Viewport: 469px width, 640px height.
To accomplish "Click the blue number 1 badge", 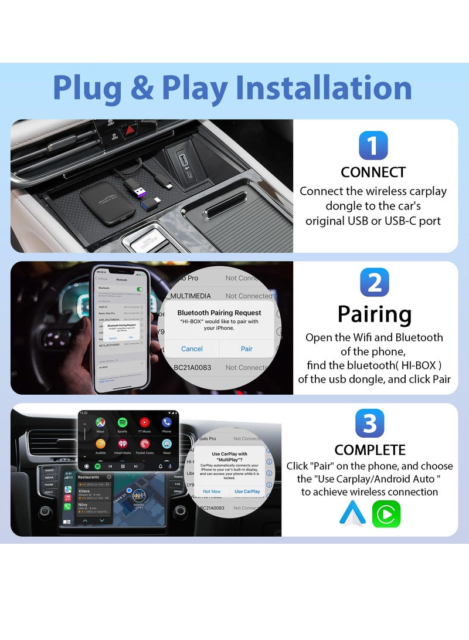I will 373,145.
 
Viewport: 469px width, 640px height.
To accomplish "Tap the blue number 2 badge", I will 375,283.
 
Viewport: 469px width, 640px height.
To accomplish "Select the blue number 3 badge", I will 370,424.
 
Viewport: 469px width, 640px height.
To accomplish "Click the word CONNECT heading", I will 373,172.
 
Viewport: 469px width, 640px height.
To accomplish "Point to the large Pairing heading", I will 374,314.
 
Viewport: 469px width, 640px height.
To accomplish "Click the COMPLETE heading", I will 370,450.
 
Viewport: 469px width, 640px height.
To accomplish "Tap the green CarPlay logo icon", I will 386,514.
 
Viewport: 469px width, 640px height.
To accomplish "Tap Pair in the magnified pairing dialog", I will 247,348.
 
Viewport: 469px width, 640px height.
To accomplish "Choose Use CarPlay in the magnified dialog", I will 247,492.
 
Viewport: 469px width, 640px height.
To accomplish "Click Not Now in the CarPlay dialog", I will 212,492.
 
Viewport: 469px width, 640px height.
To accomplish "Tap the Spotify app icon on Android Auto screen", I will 123,422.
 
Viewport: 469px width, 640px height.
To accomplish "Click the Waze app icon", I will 166,444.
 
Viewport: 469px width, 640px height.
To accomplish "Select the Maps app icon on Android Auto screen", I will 101,422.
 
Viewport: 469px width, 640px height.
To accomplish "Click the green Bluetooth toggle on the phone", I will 140,289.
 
